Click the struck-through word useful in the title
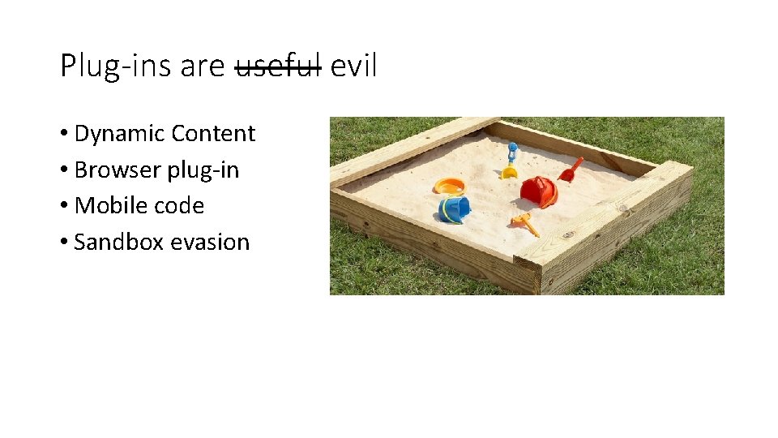pyautogui.click(x=278, y=66)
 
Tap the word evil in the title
pyautogui.click(x=353, y=66)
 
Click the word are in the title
pyautogui.click(x=202, y=66)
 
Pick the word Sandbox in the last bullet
pyautogui.click(x=113, y=242)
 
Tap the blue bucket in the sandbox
pyautogui.click(x=454, y=208)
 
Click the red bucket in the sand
pyautogui.click(x=539, y=192)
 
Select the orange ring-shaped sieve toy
pyautogui.click(x=449, y=186)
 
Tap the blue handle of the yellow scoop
pyautogui.click(x=512, y=152)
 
